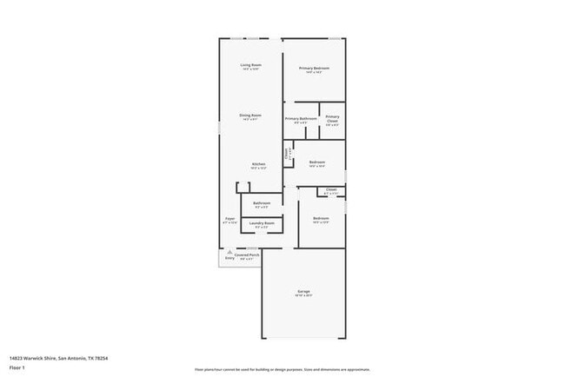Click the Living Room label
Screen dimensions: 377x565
pos(251,65)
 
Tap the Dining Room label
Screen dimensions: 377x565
pos(251,115)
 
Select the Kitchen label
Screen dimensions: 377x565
pos(259,164)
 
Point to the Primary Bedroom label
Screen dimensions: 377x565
pos(315,68)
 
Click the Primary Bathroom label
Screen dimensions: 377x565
pos(300,118)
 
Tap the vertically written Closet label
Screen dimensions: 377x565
pos(288,154)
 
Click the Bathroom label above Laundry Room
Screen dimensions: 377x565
pos(262,203)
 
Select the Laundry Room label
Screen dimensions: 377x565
pos(262,223)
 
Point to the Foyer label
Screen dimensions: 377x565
pos(230,218)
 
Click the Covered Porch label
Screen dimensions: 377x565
pos(248,255)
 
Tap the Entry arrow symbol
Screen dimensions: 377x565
pos(229,253)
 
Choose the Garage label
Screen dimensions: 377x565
pos(304,291)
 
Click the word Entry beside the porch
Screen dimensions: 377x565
pos(229,258)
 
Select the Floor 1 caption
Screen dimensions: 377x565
pos(17,367)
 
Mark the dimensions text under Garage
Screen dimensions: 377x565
pos(304,296)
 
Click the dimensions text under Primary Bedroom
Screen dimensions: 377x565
pos(315,73)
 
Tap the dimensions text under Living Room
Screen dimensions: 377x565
pos(251,70)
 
